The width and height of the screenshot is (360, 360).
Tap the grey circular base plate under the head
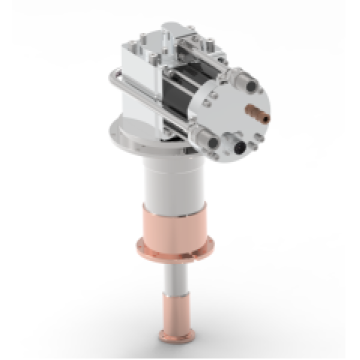tap(135, 141)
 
